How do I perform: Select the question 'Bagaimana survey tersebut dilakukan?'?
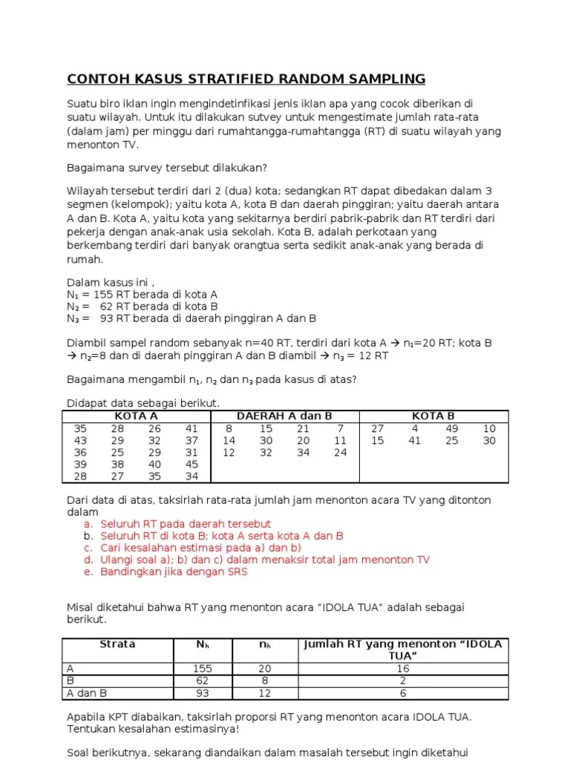pos(167,167)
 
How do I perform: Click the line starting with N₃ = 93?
pos(191,318)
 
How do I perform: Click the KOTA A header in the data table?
pos(136,416)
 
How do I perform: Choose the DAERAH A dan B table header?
pos(284,416)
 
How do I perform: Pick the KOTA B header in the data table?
pos(433,416)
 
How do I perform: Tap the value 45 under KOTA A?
pos(192,465)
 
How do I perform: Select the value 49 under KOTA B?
pos(452,429)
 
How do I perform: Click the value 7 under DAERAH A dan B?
pos(340,429)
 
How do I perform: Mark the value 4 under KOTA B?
pos(415,429)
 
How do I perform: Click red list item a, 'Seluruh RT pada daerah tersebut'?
pos(186,524)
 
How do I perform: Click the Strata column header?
pos(117,644)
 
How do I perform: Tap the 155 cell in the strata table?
pos(203,669)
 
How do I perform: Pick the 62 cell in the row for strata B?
pos(203,681)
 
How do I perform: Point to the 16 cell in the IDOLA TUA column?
pos(403,669)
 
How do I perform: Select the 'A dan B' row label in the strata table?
pos(88,693)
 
